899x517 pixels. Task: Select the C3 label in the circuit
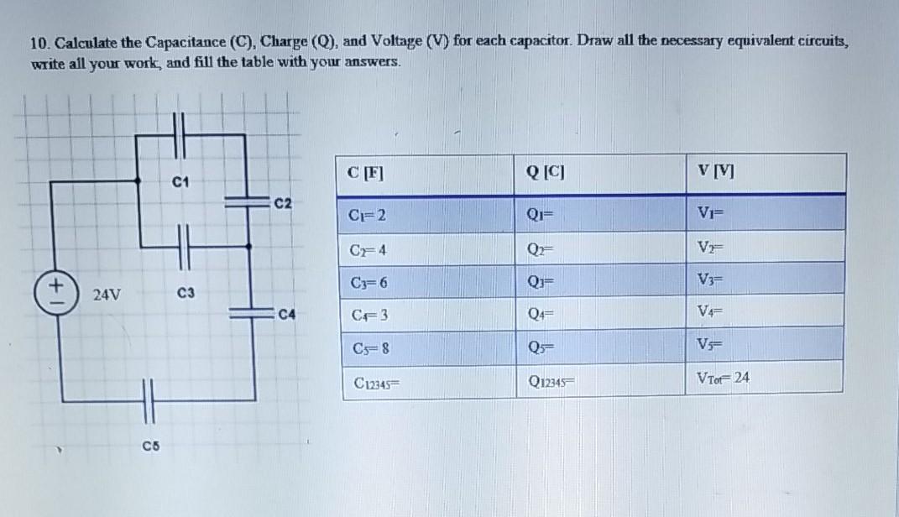pyautogui.click(x=186, y=293)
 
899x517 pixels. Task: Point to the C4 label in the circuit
pyautogui.click(x=287, y=316)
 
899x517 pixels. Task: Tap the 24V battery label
pyautogui.click(x=107, y=295)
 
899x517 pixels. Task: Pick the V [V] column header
pyautogui.click(x=719, y=174)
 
